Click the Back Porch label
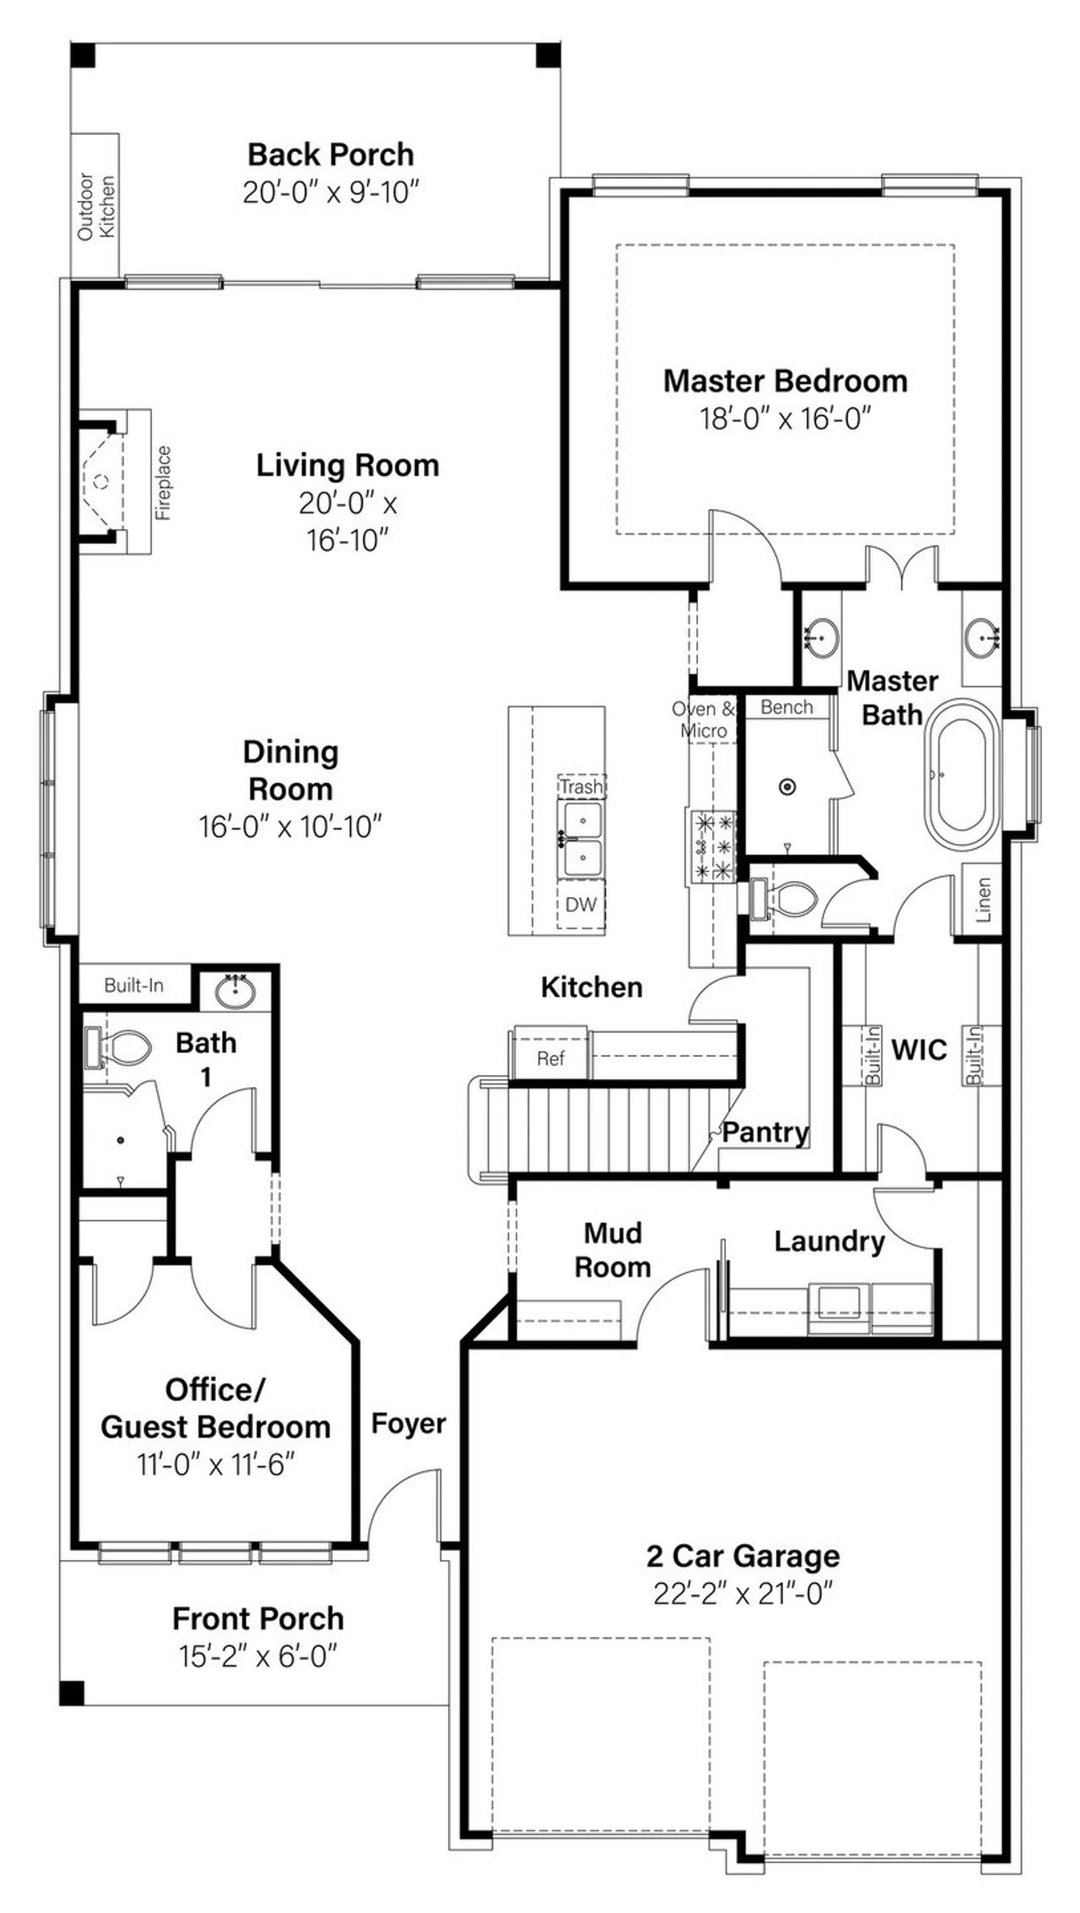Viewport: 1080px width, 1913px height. point(331,155)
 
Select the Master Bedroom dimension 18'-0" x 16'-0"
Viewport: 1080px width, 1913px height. point(785,418)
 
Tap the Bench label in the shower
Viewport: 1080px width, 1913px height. point(786,707)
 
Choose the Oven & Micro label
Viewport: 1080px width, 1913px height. point(704,720)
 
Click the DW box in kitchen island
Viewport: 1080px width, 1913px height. point(580,905)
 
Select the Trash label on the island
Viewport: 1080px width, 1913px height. point(581,786)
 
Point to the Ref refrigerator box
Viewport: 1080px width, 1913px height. point(550,1058)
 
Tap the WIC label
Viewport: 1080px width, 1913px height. point(920,1051)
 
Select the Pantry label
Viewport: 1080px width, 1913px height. point(765,1132)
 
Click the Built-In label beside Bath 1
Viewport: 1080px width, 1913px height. point(133,985)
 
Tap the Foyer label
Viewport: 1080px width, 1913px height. point(408,1424)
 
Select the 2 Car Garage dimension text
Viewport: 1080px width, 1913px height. point(742,1594)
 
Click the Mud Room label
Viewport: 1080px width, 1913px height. point(613,1250)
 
